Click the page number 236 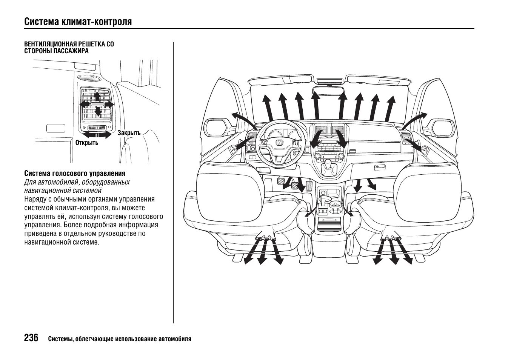[31, 338]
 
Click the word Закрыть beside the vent [129, 133]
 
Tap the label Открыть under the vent [87, 143]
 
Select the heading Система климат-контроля [78, 22]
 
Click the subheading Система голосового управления [75, 174]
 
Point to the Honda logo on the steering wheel [279, 143]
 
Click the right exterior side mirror [443, 127]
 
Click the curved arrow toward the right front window [416, 119]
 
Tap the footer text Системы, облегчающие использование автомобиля [120, 339]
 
